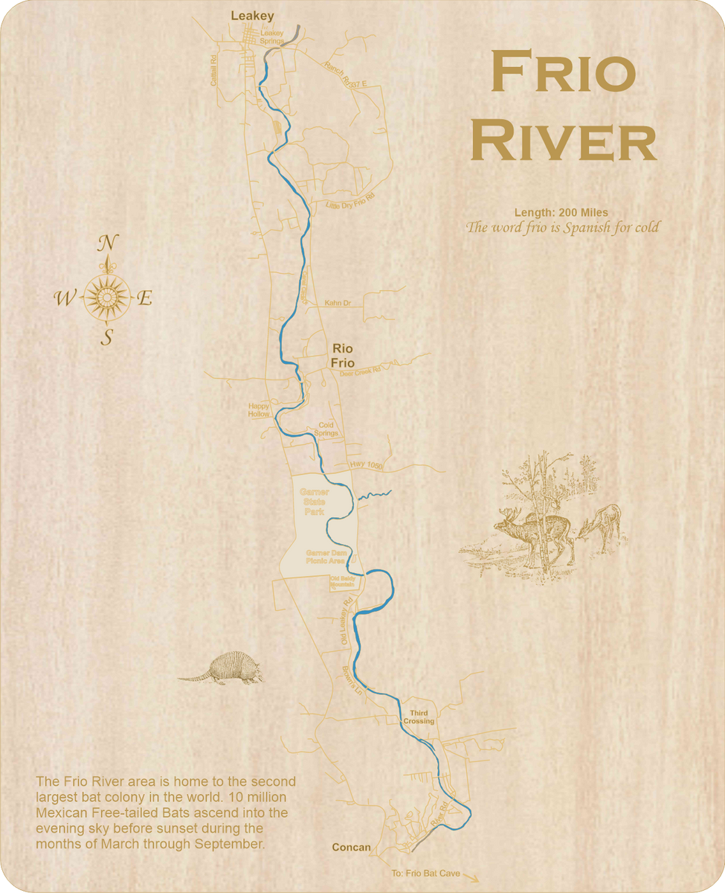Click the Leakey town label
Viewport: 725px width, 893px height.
pyautogui.click(x=252, y=15)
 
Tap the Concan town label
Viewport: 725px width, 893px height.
pyautogui.click(x=351, y=847)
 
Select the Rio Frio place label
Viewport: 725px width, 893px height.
pyautogui.click(x=343, y=355)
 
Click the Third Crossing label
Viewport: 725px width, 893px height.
pyautogui.click(x=419, y=717)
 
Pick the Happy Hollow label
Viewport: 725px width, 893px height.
pyautogui.click(x=259, y=410)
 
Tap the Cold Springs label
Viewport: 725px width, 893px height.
pyautogui.click(x=327, y=429)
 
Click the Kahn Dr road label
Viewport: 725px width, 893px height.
pyautogui.click(x=338, y=304)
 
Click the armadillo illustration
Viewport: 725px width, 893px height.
pyautogui.click(x=221, y=668)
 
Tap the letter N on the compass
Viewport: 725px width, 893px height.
pyautogui.click(x=108, y=243)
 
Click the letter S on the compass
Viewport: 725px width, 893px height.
pyautogui.click(x=107, y=338)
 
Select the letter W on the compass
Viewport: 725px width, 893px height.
pyautogui.click(x=64, y=299)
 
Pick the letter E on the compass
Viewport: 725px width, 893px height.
pyautogui.click(x=146, y=299)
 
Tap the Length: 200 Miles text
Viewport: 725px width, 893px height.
pyautogui.click(x=561, y=213)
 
